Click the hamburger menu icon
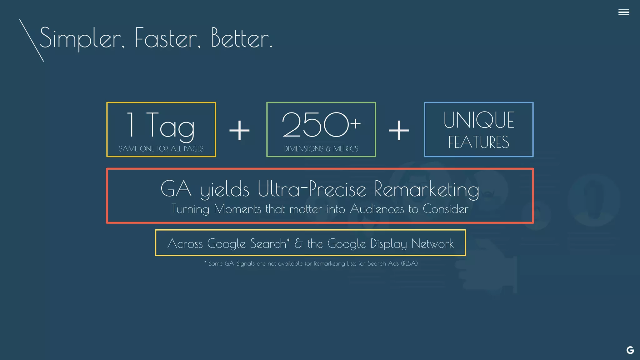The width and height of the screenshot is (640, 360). click(623, 12)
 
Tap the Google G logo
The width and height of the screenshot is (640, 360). click(630, 350)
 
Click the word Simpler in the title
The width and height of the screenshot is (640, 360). click(80, 38)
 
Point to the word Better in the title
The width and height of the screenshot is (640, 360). click(242, 38)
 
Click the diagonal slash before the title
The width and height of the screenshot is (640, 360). click(31, 40)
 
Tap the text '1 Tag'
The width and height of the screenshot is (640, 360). click(161, 125)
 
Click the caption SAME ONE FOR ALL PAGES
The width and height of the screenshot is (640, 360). click(161, 149)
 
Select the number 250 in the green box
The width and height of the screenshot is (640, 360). click(315, 125)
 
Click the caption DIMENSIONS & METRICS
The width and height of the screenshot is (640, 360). click(321, 149)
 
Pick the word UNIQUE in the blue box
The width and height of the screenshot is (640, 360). click(478, 120)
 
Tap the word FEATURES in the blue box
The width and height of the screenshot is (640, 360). click(478, 142)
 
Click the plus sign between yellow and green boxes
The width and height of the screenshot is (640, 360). click(239, 130)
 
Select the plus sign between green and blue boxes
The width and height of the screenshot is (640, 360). click(398, 130)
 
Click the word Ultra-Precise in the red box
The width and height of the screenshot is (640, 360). click(312, 189)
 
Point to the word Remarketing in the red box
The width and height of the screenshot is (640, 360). click(427, 189)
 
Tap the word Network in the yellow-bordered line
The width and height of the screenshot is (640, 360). click(432, 243)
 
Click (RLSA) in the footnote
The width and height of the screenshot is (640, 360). click(409, 263)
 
